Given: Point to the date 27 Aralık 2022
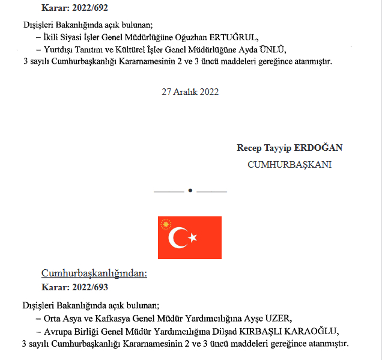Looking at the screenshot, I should click(x=190, y=92).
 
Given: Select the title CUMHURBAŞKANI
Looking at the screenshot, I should click(x=290, y=164).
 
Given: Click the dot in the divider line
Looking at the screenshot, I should click(x=190, y=191).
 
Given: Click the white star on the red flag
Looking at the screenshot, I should click(x=193, y=238).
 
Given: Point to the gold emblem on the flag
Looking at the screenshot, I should click(x=165, y=225).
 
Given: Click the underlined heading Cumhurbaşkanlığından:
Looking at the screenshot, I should click(x=94, y=273).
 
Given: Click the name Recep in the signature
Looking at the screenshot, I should click(x=249, y=148).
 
